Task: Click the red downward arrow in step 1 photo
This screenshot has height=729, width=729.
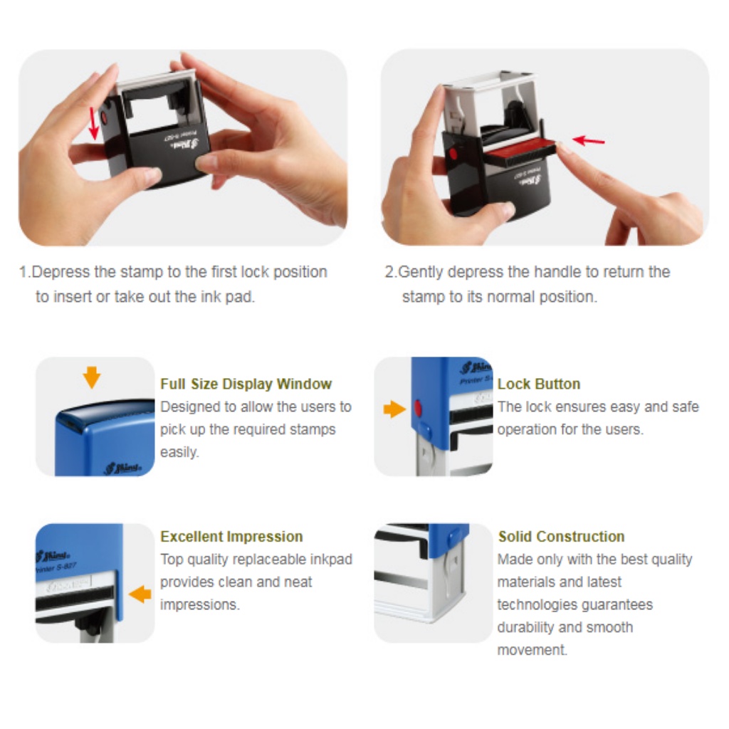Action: (94, 124)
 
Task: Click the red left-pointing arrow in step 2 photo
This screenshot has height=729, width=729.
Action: (589, 140)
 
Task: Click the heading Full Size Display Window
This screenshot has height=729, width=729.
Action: (246, 384)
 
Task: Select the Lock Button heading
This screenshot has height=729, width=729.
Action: (539, 384)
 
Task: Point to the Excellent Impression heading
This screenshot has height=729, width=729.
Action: (231, 537)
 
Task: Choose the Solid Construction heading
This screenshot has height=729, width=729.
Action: (561, 537)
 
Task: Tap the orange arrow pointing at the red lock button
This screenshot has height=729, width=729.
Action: (394, 409)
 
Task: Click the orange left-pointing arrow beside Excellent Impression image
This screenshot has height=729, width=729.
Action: (140, 594)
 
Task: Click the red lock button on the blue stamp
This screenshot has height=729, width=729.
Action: (418, 409)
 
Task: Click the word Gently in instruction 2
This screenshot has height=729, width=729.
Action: (420, 273)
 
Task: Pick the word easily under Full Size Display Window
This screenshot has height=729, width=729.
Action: (179, 452)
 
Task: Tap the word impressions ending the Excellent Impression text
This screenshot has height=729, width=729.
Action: (200, 605)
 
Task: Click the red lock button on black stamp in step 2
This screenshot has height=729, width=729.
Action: (453, 154)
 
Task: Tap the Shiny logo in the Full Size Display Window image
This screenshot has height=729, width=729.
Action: (123, 467)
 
